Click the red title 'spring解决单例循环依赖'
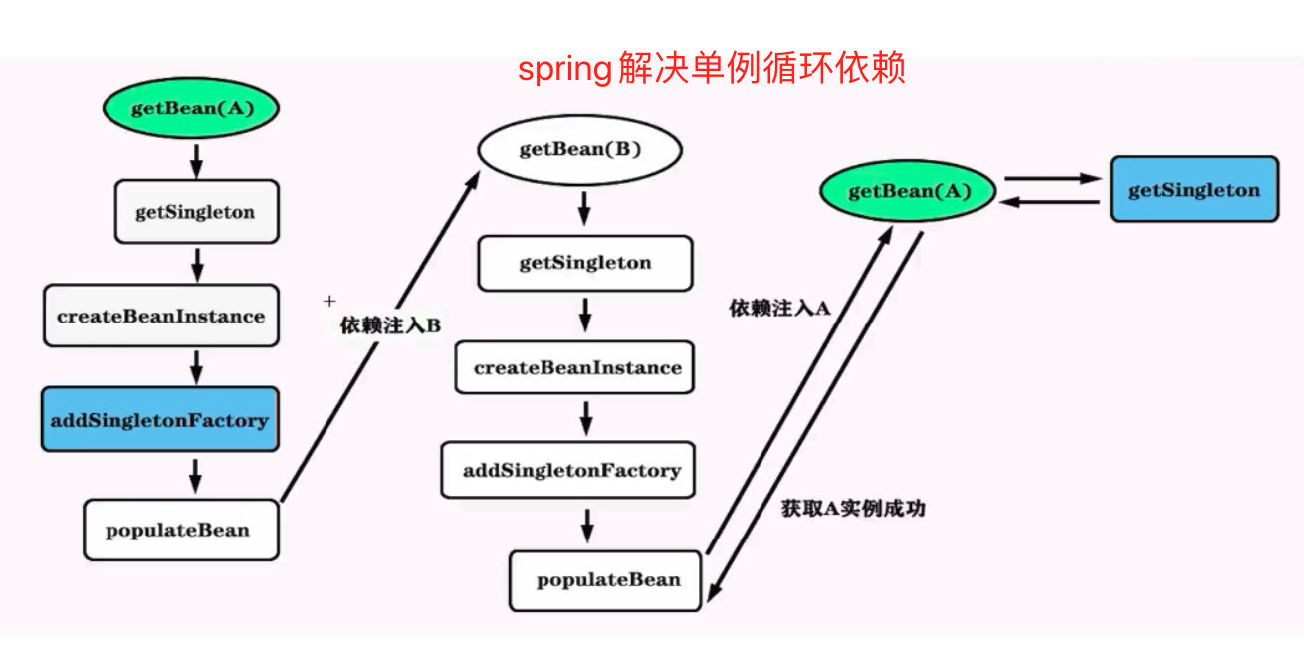[x=711, y=69]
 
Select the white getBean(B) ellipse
[x=580, y=151]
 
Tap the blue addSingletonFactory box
[x=160, y=420]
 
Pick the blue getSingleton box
[x=1194, y=189]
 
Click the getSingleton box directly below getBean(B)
[x=584, y=263]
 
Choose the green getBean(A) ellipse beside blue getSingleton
[x=908, y=190]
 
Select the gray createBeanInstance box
[x=160, y=317]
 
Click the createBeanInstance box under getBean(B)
[x=577, y=367]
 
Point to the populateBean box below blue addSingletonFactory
[x=178, y=530]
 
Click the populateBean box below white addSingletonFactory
[x=608, y=580]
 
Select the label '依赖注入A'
[x=779, y=309]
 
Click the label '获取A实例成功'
[x=854, y=508]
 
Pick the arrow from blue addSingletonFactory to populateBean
[x=195, y=474]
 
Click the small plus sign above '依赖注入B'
[x=330, y=300]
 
